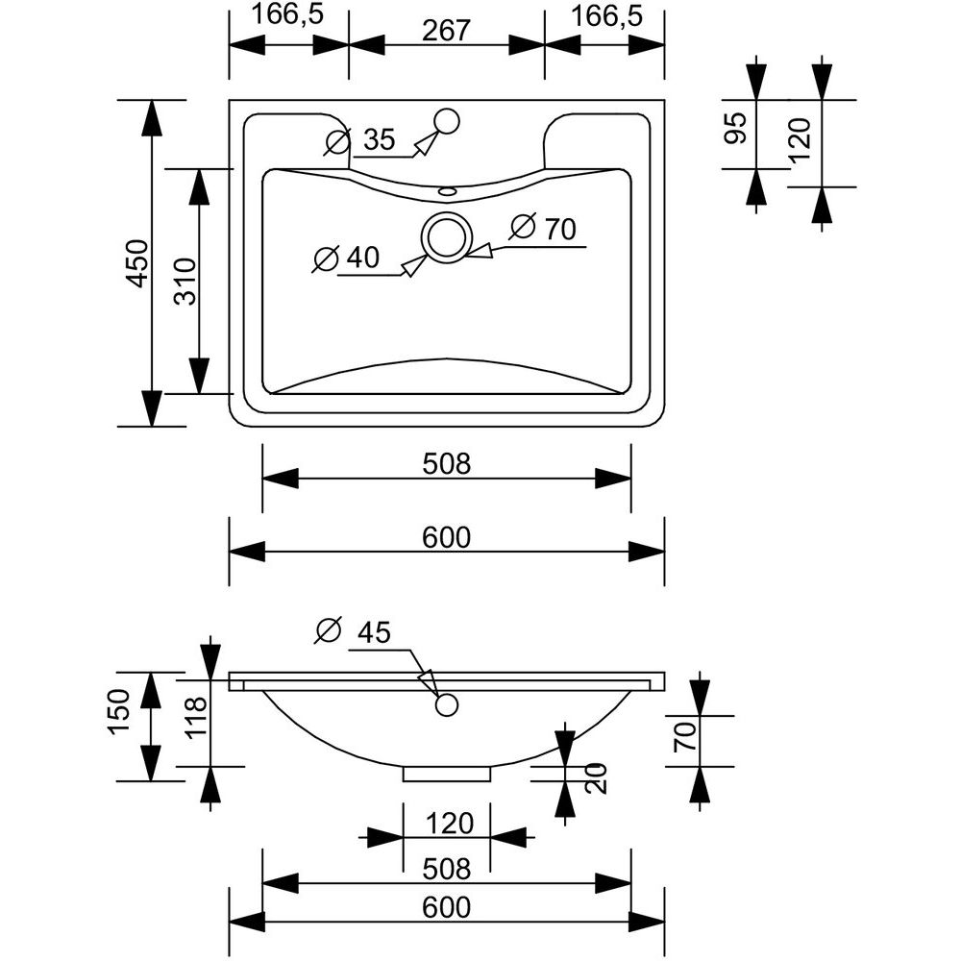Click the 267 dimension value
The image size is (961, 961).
point(446,31)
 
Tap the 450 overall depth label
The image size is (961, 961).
point(136,262)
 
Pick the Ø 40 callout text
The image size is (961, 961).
point(348,259)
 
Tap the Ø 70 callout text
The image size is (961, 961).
point(543,230)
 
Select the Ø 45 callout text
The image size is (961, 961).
point(354,632)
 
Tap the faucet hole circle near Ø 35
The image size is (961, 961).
point(447,121)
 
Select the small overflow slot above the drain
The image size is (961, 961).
point(447,190)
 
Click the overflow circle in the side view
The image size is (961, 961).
point(445,705)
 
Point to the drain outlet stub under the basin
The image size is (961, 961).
point(447,773)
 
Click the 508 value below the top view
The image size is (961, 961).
point(447,465)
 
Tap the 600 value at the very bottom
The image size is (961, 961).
point(447,906)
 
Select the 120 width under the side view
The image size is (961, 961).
point(447,824)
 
